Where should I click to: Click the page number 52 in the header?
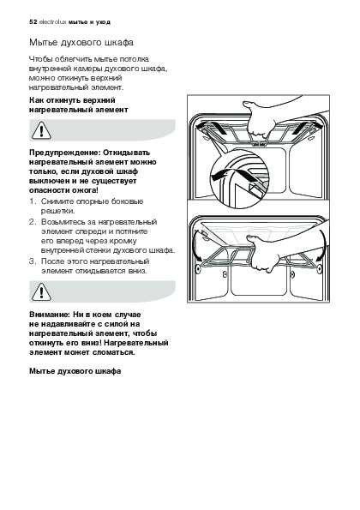coord(33,22)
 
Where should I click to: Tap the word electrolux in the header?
coord(52,22)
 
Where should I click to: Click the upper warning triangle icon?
coord(41,130)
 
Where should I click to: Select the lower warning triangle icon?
coord(41,291)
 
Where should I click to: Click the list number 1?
coord(32,201)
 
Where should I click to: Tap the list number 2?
coord(32,222)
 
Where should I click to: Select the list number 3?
coord(32,261)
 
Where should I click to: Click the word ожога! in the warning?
coord(87,190)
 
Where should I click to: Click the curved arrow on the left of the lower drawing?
coord(196,244)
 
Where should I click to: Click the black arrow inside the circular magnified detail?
coord(225,173)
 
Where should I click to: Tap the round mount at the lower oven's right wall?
coord(320,268)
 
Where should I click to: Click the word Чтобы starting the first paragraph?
coord(41,59)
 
